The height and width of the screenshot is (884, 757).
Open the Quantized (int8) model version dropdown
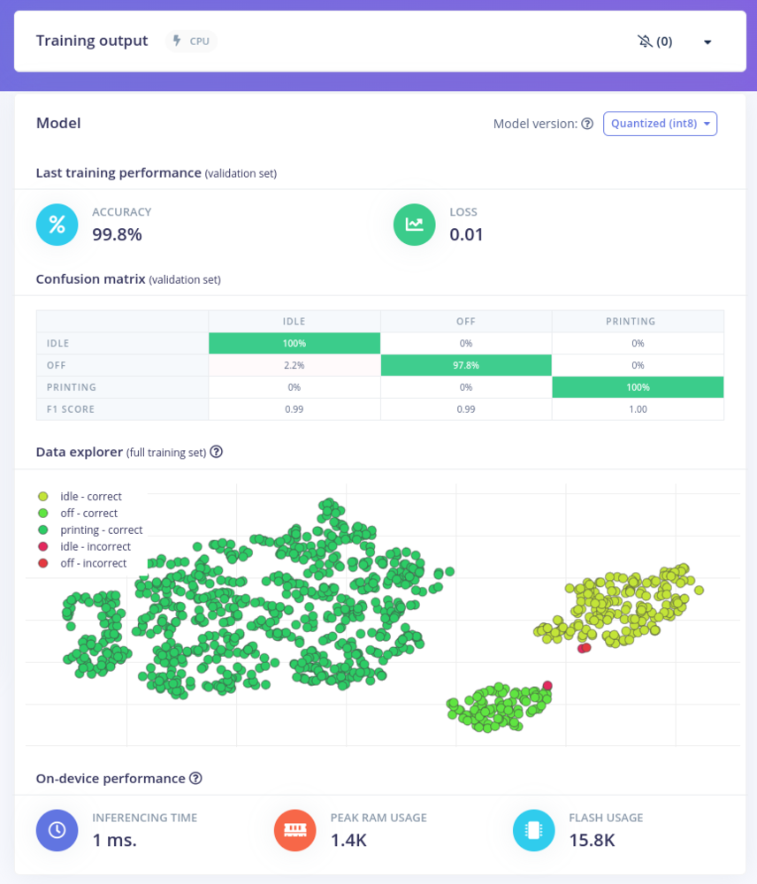pos(660,124)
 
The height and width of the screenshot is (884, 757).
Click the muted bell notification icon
pos(644,42)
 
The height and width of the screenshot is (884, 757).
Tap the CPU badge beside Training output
pos(191,41)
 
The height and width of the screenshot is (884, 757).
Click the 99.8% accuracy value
pos(117,234)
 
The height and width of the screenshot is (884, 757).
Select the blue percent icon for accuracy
pos(57,224)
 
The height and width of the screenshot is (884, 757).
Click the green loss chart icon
pos(414,224)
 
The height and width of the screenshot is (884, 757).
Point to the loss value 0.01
pos(466,234)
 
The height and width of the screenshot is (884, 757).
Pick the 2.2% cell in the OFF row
pos(294,365)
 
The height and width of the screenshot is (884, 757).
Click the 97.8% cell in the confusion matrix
pos(466,365)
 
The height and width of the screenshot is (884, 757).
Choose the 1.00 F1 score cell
pos(638,409)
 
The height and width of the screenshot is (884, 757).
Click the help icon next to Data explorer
pos(216,452)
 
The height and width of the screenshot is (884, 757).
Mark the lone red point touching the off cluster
pos(547,685)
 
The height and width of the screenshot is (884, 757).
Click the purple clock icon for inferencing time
pos(57,829)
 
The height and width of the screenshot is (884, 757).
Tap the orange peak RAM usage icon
pos(295,829)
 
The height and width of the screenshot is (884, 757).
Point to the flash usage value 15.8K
pos(592,840)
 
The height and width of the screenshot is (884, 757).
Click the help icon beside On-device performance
pos(196,779)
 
